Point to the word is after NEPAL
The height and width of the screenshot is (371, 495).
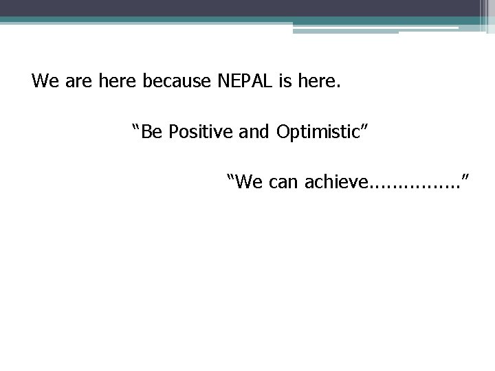[285, 82]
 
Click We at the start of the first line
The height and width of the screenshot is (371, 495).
[45, 82]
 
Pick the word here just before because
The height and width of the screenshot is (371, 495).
[117, 82]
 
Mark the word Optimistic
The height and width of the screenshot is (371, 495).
[320, 131]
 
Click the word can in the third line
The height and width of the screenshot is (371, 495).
[283, 181]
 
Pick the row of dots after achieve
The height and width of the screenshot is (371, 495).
[414, 186]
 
